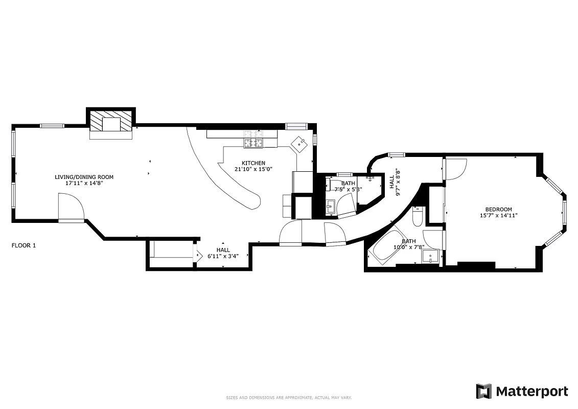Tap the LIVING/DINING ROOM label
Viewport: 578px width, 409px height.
(84, 177)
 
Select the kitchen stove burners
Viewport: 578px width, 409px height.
(253, 143)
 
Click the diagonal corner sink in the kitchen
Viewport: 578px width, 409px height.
(299, 144)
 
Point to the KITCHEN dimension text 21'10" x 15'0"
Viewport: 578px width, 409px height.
(254, 169)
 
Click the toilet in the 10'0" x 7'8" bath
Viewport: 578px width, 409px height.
(417, 217)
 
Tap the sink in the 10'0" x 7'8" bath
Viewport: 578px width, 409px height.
(431, 257)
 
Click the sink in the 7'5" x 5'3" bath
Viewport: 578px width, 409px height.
(330, 207)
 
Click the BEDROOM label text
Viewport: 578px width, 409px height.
(498, 209)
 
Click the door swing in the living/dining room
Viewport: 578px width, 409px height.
(71, 207)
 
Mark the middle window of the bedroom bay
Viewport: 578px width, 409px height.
(565, 213)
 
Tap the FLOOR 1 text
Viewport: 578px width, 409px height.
(24, 245)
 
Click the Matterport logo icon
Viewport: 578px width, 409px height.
(483, 391)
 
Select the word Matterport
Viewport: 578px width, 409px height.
(531, 392)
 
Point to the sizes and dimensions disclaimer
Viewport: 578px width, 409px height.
(289, 397)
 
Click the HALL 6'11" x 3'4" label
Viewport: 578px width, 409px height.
(223, 253)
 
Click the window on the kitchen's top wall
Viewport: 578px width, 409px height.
(295, 126)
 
